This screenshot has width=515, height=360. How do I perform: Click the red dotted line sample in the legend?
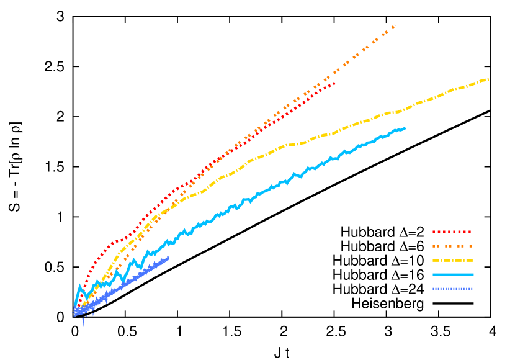click(x=452, y=232)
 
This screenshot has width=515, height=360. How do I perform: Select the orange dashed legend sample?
click(x=452, y=246)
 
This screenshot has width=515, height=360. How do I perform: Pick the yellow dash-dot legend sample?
click(x=452, y=261)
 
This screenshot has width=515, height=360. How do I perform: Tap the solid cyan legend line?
click(x=452, y=274)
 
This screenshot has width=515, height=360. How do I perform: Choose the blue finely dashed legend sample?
click(x=452, y=289)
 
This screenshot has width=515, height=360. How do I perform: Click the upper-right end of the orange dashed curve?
click(x=395, y=25)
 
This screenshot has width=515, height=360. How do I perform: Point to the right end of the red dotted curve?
click(x=335, y=83)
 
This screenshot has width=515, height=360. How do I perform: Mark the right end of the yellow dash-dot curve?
click(x=488, y=79)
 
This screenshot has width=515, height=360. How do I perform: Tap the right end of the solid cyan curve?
click(x=405, y=128)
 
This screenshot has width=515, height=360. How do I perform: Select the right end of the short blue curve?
click(x=168, y=258)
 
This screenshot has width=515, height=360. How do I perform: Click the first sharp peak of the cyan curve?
click(x=79, y=286)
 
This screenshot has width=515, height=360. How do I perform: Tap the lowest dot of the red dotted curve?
click(x=78, y=307)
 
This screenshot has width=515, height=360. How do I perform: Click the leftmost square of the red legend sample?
click(x=434, y=232)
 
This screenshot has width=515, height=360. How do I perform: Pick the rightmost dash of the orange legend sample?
click(x=470, y=246)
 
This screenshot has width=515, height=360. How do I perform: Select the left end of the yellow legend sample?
click(x=434, y=261)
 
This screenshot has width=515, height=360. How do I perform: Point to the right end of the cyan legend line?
click(x=473, y=274)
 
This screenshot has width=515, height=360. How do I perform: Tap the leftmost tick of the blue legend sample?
click(x=434, y=289)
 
